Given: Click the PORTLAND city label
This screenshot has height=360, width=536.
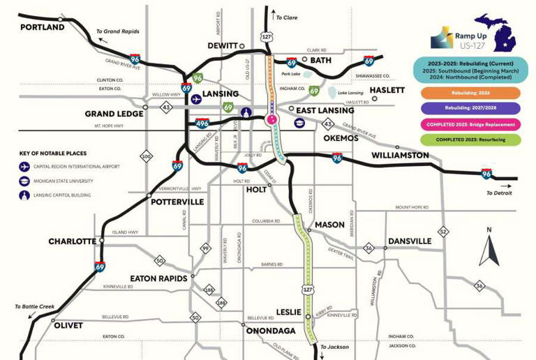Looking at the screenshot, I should click(x=42, y=27).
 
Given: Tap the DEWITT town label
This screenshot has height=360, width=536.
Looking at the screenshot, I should click(x=223, y=46).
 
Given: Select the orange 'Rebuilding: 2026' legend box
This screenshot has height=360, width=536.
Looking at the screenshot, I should click(x=470, y=93).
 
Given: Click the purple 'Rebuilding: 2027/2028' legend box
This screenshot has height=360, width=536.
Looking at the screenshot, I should click(x=470, y=109).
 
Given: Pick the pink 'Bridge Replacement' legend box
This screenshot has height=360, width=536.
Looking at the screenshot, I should click(x=470, y=124).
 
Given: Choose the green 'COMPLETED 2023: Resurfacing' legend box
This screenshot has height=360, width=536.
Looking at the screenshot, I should click(x=470, y=140).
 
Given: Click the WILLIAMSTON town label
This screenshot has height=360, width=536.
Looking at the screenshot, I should click(x=400, y=155).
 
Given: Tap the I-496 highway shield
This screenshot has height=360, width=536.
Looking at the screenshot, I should click(x=202, y=123).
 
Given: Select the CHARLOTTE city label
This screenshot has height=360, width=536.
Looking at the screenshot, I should click(x=72, y=241).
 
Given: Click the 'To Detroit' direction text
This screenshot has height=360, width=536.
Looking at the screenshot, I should click(x=499, y=193).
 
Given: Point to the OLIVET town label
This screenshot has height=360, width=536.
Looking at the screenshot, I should click(x=67, y=325).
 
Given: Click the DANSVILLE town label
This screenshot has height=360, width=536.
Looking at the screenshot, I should click(x=410, y=241).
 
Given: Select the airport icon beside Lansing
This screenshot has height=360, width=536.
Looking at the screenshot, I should click(x=198, y=99).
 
